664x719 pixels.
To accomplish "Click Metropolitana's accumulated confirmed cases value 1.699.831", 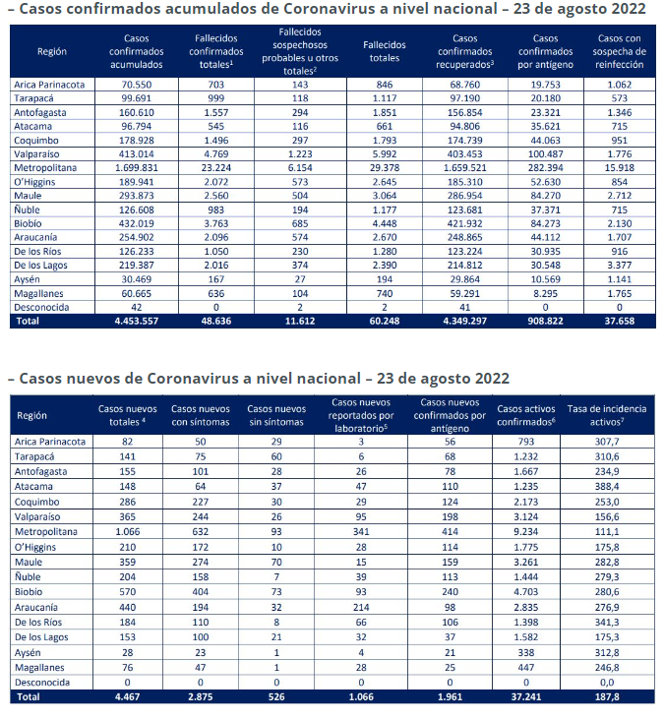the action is pyautogui.click(x=136, y=168).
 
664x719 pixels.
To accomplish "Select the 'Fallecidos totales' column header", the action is pyautogui.click(x=385, y=51).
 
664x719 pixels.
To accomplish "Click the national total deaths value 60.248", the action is pyautogui.click(x=385, y=321).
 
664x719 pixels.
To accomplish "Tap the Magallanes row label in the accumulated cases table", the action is pyautogui.click(x=38, y=293).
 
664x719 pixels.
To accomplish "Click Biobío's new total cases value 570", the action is pyautogui.click(x=128, y=591).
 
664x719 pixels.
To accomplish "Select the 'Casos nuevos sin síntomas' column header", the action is pyautogui.click(x=276, y=415).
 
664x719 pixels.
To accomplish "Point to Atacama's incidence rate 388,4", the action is pyautogui.click(x=607, y=487).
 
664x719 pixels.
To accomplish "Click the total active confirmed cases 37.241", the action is pyautogui.click(x=526, y=696).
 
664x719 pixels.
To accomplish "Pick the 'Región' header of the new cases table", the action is pyautogui.click(x=32, y=415).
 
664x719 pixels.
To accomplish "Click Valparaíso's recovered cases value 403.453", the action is pyautogui.click(x=465, y=154).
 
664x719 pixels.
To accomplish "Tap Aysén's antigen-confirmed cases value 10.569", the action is pyautogui.click(x=545, y=279).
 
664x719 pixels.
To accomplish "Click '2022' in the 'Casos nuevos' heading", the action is pyautogui.click(x=492, y=379).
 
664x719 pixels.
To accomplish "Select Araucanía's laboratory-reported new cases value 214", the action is pyautogui.click(x=361, y=607).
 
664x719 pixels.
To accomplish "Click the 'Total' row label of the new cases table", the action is pyautogui.click(x=29, y=696).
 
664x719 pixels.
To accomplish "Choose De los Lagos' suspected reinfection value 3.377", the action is pyautogui.click(x=619, y=265).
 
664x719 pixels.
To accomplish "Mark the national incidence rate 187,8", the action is pyautogui.click(x=607, y=696).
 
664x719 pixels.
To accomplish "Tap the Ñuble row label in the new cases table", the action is pyautogui.click(x=28, y=576).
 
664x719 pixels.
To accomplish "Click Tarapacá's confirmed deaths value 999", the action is pyautogui.click(x=216, y=98).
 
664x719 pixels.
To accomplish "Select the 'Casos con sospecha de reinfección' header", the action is pyautogui.click(x=619, y=51).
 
